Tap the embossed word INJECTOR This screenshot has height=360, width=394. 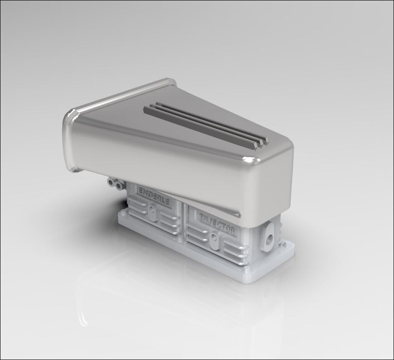(217, 223)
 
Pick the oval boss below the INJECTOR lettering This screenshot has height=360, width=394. (214, 238)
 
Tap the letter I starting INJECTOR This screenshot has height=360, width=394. (201, 216)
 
